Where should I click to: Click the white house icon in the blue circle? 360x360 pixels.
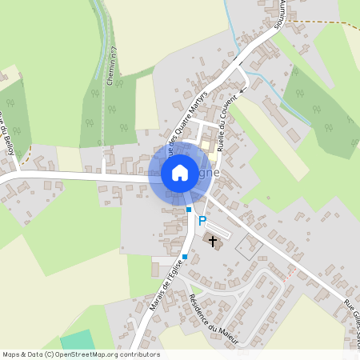pyautogui.click(x=180, y=172)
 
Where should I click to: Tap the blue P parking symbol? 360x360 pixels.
pyautogui.click(x=202, y=221)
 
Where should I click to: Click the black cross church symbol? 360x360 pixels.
pyautogui.click(x=213, y=241)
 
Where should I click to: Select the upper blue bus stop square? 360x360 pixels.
pyautogui.click(x=189, y=209)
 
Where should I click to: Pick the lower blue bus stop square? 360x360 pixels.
pyautogui.click(x=184, y=256)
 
